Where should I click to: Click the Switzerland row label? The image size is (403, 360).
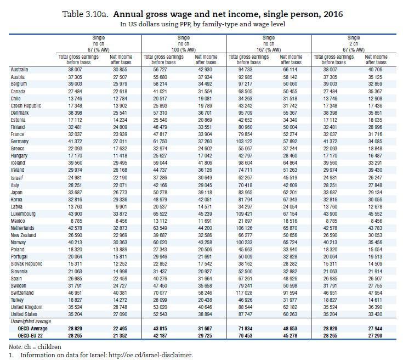(x=22, y=293)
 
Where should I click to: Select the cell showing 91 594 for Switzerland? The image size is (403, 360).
(x=290, y=293)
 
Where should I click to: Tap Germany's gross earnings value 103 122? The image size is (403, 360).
(x=244, y=142)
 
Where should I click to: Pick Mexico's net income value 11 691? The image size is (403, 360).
(x=205, y=221)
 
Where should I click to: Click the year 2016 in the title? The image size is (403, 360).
(x=333, y=14)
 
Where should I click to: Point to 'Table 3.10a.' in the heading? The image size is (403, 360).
(x=86, y=14)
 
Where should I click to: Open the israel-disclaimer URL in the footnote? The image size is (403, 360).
(x=150, y=355)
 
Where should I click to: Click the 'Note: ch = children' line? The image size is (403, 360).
(x=35, y=347)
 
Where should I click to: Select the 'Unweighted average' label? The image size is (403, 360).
(x=31, y=322)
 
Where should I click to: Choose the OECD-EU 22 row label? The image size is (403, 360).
(x=30, y=335)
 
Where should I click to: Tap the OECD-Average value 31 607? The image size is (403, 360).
(x=205, y=329)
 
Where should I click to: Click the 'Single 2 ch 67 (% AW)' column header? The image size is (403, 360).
(x=354, y=44)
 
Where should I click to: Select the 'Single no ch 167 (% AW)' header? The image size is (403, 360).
(x=269, y=44)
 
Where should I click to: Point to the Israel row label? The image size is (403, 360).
(x=16, y=178)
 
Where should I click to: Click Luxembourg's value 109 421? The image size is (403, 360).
(x=244, y=214)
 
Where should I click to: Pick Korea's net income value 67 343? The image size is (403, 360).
(x=290, y=199)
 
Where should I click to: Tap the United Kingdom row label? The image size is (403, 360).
(x=26, y=307)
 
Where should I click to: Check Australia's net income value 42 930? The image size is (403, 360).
(x=205, y=70)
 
